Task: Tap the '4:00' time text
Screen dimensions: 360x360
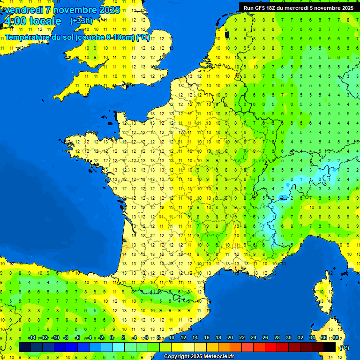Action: [15, 21]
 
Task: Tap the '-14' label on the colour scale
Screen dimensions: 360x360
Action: [32, 337]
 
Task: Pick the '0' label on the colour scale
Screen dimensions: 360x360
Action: [112, 337]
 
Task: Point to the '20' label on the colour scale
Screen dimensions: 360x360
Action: [230, 337]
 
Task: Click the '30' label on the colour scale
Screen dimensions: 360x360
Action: [288, 337]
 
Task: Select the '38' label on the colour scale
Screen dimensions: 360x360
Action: [335, 337]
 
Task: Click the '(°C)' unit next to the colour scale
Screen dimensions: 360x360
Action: [345, 348]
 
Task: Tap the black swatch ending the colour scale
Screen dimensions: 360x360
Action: [330, 347]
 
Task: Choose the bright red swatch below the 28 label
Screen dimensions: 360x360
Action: [271, 347]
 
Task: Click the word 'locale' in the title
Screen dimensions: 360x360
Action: [45, 21]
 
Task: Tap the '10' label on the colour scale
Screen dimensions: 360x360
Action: [171, 337]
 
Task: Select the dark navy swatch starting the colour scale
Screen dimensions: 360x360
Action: [25, 347]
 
